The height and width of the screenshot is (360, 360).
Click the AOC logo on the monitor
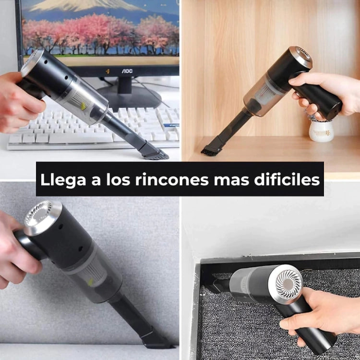(127, 71)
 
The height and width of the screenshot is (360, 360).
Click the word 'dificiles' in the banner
(287, 179)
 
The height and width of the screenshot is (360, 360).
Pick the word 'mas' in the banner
(231, 180)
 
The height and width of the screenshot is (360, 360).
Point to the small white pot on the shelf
(321, 131)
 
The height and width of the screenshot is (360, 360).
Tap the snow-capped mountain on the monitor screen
(87, 5)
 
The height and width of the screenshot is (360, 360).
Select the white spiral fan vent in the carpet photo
(288, 284)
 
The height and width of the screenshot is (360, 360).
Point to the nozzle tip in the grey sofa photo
(156, 340)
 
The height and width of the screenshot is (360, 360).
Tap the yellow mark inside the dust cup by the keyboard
(84, 106)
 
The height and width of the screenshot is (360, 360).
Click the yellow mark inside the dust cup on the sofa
(91, 282)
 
